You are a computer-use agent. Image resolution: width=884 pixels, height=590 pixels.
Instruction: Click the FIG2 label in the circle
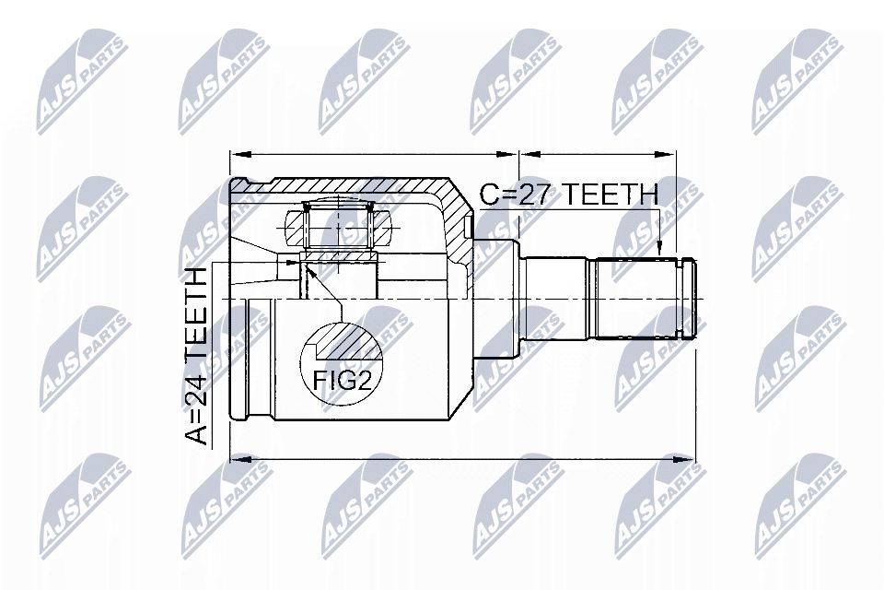tap(342, 380)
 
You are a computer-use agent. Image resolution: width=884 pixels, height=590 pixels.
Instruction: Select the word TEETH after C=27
tap(611, 195)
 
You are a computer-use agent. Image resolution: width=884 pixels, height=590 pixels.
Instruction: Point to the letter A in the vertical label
tap(196, 435)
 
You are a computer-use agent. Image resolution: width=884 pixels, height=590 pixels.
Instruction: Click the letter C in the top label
tap(489, 195)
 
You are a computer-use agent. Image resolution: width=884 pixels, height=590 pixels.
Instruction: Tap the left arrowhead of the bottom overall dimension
tap(239, 460)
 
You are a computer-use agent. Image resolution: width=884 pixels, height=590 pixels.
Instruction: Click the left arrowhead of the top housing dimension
tap(239, 154)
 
